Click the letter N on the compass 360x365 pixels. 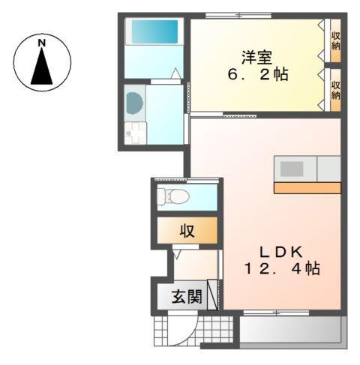coord(43,43)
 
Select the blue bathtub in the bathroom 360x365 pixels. coord(154,31)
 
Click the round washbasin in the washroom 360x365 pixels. coord(134,103)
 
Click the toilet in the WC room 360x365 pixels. coord(173,197)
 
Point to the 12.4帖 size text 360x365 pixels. coord(280,268)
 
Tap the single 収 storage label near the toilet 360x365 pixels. coord(187,231)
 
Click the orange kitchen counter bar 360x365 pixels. coord(307,187)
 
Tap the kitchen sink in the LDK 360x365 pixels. coord(293,168)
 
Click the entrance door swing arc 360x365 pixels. coord(187,324)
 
